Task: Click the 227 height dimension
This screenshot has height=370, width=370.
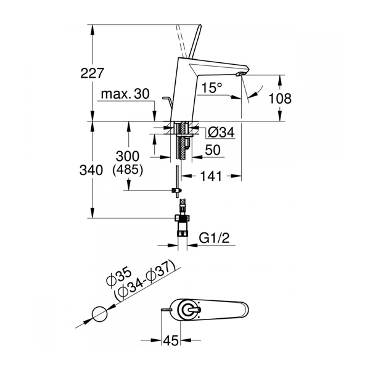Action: tap(92, 73)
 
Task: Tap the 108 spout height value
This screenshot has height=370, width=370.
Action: tap(280, 99)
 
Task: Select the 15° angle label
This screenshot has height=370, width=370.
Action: tap(212, 88)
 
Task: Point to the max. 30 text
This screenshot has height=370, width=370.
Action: tap(125, 94)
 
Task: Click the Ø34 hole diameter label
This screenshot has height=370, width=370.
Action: tap(221, 132)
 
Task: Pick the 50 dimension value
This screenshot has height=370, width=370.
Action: tap(213, 150)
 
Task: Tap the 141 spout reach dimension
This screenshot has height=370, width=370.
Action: tap(211, 176)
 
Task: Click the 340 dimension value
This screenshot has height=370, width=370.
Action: tap(91, 170)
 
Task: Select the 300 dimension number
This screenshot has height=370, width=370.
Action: tap(128, 156)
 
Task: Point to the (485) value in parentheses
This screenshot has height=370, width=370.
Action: tap(128, 170)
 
